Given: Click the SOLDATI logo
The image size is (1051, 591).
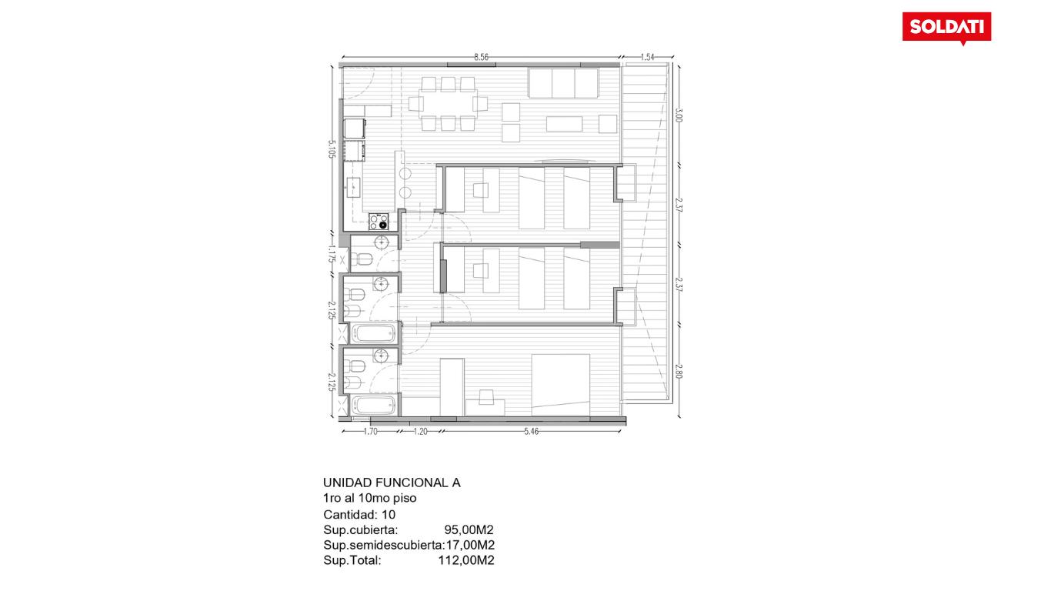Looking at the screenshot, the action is tap(946, 27).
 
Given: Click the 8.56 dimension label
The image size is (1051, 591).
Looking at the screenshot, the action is tap(481, 57).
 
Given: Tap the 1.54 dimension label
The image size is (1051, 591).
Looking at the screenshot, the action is tap(647, 57).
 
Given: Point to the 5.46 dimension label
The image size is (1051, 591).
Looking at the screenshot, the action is tap(531, 432).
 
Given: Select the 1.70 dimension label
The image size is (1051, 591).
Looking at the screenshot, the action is tap(370, 432).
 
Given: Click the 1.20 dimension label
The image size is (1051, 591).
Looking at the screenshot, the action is tap(420, 432).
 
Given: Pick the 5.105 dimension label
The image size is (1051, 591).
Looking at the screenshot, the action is tap(332, 149).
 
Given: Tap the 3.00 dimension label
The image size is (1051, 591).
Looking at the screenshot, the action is tap(678, 115).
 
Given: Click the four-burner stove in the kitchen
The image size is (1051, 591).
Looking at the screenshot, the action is tap(379, 222).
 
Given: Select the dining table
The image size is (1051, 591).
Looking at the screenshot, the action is tap(448, 104).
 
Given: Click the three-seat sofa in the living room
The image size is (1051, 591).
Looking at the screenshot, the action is tap(563, 83).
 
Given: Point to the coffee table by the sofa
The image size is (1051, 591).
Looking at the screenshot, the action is tap(564, 124).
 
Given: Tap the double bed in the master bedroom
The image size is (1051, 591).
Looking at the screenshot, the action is tap(560, 385).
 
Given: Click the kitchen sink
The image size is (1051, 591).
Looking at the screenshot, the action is tap(353, 189).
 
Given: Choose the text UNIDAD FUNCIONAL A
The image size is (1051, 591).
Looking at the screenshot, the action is tap(392, 482).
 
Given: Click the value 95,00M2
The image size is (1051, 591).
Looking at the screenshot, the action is tap(469, 530).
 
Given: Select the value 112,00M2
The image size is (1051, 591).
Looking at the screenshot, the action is tap(466, 560).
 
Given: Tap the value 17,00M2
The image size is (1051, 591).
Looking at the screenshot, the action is tap(470, 545).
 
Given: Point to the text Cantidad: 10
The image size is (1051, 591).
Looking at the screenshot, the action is tap(359, 515).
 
